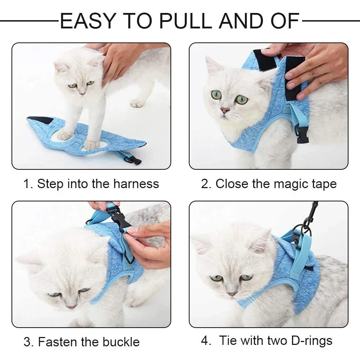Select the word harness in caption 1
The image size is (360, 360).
136,184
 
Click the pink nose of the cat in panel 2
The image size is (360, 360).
225,110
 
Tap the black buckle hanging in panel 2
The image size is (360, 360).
302,134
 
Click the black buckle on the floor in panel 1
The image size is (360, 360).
135,159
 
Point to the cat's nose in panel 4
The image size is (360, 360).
232,294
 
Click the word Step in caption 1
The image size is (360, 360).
49,184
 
